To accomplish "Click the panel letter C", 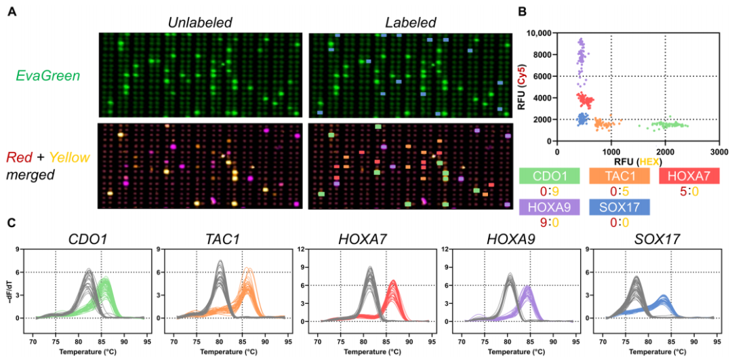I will coord(12,222).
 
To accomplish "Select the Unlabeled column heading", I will coord(200,22).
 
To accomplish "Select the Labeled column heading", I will coord(409,22).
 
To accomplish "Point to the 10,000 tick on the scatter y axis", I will coord(539,33).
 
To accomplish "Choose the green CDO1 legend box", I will coord(548,177).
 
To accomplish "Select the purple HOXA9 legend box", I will coord(548,207).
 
